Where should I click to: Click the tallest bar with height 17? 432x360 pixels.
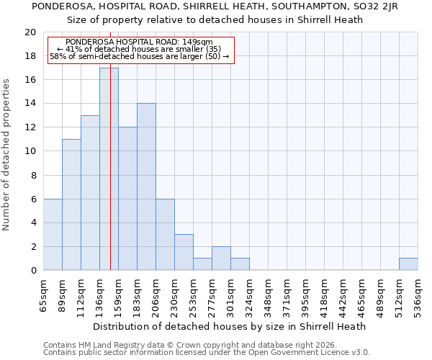click(109, 168)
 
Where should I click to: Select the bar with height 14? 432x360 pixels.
click(146, 186)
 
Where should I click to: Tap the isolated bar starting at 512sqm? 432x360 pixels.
click(408, 264)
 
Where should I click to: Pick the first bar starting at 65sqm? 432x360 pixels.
click(53, 234)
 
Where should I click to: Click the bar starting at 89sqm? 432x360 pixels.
click(71, 204)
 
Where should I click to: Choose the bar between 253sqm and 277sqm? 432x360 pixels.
click(202, 264)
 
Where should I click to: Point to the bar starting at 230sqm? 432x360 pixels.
click(184, 252)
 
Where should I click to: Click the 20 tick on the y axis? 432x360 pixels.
click(30, 32)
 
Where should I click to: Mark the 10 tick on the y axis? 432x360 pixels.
click(30, 151)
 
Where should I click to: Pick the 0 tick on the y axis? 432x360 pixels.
click(33, 270)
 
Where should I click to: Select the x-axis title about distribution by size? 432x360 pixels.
click(230, 326)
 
